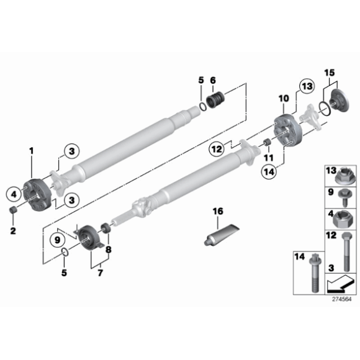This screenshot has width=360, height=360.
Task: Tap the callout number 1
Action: [32, 150]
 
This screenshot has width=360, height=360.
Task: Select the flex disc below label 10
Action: [287, 132]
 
